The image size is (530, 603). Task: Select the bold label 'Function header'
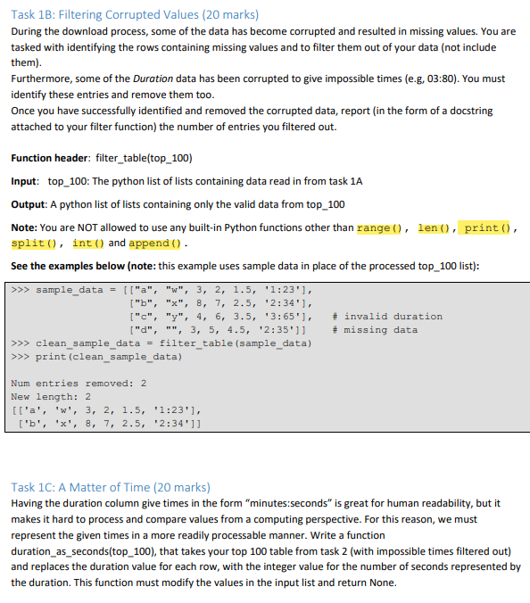point(49,158)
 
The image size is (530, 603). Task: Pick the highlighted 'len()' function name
point(435,227)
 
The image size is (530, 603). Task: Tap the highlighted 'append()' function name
point(154,243)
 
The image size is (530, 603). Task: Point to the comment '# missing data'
point(374,330)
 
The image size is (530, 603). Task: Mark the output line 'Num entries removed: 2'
point(79,384)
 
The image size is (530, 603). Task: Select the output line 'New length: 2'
point(52,397)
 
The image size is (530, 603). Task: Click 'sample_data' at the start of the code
point(70,290)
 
